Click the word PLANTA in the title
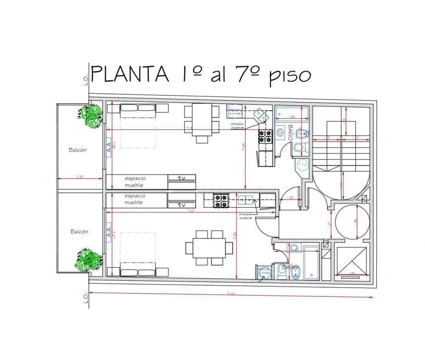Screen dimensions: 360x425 [130, 75]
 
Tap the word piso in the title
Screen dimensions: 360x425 [290, 76]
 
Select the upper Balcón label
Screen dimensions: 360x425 [78, 150]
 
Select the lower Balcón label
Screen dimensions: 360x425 [79, 231]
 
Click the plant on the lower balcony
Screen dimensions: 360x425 [88, 259]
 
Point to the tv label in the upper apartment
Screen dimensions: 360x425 [182, 178]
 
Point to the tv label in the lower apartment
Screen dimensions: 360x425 [181, 205]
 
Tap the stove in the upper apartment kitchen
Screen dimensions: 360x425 [265, 136]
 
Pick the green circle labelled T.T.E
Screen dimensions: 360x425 [303, 165]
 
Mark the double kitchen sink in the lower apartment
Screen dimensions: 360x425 [244, 199]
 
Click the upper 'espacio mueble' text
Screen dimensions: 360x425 [134, 182]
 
